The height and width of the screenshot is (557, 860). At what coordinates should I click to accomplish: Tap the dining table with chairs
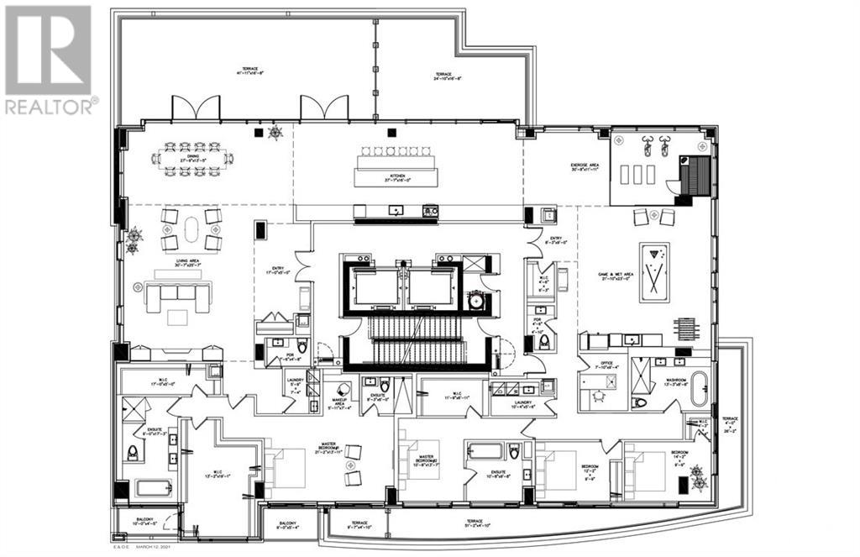pyautogui.click(x=192, y=159)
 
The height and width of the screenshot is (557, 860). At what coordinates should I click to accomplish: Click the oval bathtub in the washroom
pyautogui.click(x=700, y=386)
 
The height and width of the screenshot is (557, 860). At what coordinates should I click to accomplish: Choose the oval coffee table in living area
pyautogui.click(x=191, y=229)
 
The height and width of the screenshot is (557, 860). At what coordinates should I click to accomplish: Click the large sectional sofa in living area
pyautogui.click(x=177, y=293)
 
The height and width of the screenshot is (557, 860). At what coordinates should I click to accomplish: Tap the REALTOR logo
pyautogui.click(x=50, y=59)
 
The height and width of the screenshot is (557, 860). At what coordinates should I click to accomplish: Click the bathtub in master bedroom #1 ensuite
pyautogui.click(x=152, y=488)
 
